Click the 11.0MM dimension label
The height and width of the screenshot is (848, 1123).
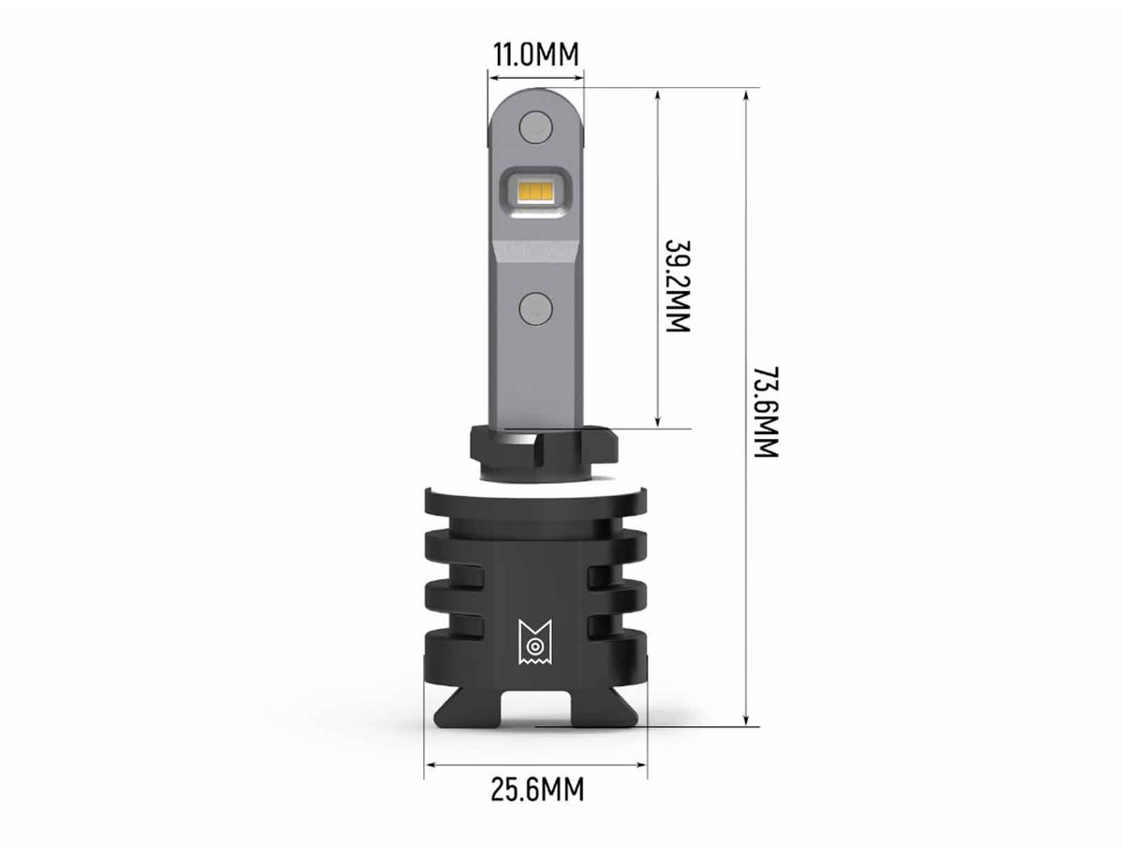(535, 54)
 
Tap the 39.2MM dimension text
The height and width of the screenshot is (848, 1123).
(678, 286)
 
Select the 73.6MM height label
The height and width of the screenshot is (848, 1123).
(766, 412)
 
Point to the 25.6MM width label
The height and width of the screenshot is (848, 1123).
(537, 790)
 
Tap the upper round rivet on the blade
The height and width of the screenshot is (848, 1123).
(535, 127)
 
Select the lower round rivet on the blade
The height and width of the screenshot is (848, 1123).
(535, 309)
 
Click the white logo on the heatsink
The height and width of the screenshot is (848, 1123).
(535, 642)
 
